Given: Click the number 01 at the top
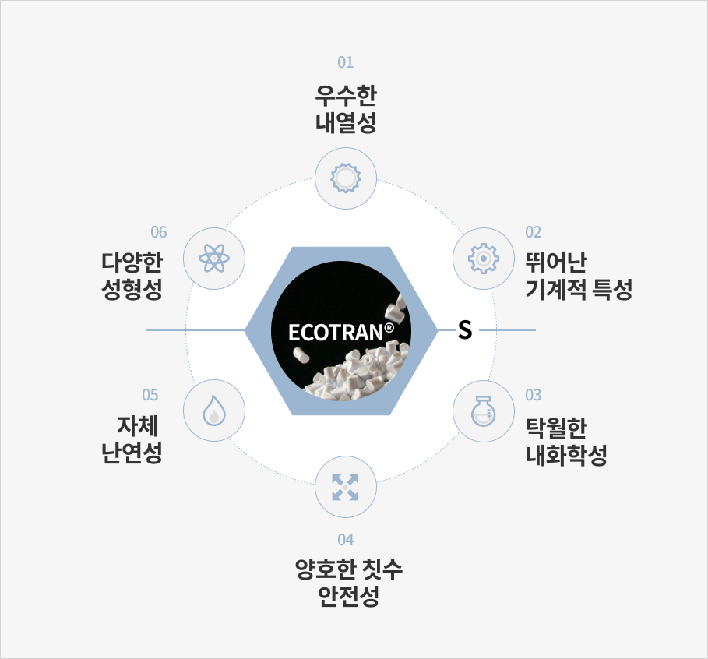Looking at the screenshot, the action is pyautogui.click(x=345, y=62).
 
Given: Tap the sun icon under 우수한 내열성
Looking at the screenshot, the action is pyautogui.click(x=345, y=178).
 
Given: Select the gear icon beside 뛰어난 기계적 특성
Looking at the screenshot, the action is pyautogui.click(x=483, y=259).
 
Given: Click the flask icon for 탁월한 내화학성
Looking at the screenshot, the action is pyautogui.click(x=483, y=411).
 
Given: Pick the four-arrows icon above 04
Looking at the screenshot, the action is pyautogui.click(x=345, y=488).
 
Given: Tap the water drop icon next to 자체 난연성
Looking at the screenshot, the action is pyautogui.click(x=214, y=411).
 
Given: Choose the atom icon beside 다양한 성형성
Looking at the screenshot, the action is pyautogui.click(x=214, y=259).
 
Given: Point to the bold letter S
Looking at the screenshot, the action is pyautogui.click(x=465, y=329).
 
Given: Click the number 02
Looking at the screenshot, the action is pyautogui.click(x=534, y=232).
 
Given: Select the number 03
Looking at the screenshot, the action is pyautogui.click(x=534, y=395).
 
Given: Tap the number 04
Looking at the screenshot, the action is pyautogui.click(x=345, y=540).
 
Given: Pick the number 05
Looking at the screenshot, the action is pyautogui.click(x=150, y=395).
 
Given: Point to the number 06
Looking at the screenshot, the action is pyautogui.click(x=158, y=232).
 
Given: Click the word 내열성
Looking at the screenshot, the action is pyautogui.click(x=345, y=122).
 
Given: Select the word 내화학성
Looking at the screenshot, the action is pyautogui.click(x=566, y=455).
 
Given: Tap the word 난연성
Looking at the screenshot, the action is pyautogui.click(x=132, y=453).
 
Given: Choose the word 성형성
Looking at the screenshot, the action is pyautogui.click(x=132, y=289).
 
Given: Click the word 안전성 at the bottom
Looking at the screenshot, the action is pyautogui.click(x=348, y=596).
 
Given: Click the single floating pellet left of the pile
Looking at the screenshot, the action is pyautogui.click(x=301, y=354).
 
